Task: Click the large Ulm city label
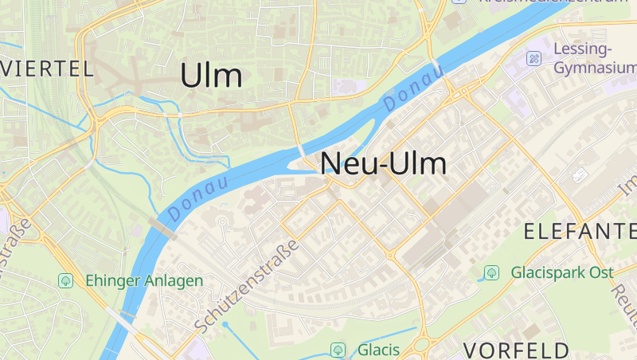tap(211, 76)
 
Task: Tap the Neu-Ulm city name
tap(383, 164)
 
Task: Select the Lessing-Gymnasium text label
tap(594, 58)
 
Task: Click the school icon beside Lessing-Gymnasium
tap(533, 58)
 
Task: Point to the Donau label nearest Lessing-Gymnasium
tap(412, 88)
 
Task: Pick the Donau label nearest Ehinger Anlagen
tap(197, 198)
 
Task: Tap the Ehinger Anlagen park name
tap(144, 280)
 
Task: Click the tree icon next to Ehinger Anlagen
tap(65, 280)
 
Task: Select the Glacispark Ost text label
tap(562, 272)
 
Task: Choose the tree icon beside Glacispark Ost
tap(491, 272)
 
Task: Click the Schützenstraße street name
tap(247, 286)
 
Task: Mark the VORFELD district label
tap(517, 350)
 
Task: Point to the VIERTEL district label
tap(48, 68)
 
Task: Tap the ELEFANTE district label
tap(579, 232)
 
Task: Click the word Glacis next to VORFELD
tap(378, 350)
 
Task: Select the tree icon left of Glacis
tap(338, 350)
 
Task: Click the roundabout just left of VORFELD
tap(422, 346)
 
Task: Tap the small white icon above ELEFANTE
tap(579, 175)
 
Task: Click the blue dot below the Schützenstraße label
tap(225, 325)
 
